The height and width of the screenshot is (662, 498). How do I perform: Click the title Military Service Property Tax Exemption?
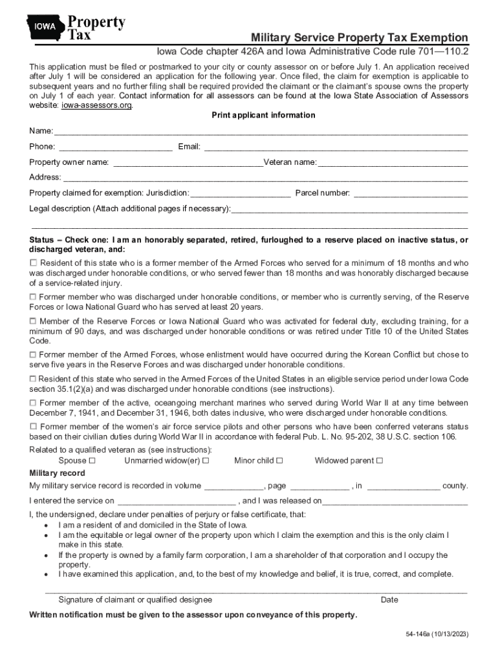(x=360, y=37)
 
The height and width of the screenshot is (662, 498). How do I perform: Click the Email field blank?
(x=336, y=148)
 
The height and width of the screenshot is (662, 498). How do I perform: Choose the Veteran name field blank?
(x=393, y=163)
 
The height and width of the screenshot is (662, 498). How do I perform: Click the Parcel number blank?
(x=411, y=194)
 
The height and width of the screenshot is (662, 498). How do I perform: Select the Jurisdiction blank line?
(x=241, y=194)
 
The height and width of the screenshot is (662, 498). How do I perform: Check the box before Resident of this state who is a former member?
(x=34, y=263)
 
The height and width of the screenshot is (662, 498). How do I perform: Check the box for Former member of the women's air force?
(x=34, y=427)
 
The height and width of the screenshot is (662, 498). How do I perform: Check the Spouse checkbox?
(x=92, y=461)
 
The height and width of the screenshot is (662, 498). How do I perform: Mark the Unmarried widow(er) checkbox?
(x=206, y=461)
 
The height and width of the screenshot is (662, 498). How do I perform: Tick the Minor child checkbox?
(x=279, y=461)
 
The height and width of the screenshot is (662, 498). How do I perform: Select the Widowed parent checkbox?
(x=380, y=461)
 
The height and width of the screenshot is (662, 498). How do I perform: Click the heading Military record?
(x=57, y=473)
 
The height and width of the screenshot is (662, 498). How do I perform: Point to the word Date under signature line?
(x=389, y=600)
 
